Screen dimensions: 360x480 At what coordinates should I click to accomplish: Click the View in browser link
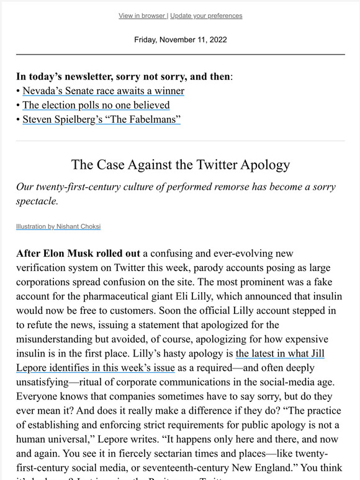pos(142,16)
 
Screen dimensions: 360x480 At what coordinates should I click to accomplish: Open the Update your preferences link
pos(206,16)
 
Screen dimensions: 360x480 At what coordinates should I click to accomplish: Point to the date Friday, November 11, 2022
pos(180,40)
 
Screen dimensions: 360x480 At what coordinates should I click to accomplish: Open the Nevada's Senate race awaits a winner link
pos(103,91)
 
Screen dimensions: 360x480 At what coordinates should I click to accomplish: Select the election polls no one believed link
pos(96,105)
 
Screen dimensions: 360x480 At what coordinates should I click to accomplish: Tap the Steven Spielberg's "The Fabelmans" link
pos(101,119)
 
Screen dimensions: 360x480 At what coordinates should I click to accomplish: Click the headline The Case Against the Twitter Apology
pos(181,165)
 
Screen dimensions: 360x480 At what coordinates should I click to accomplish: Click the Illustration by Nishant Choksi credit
pos(58,227)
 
